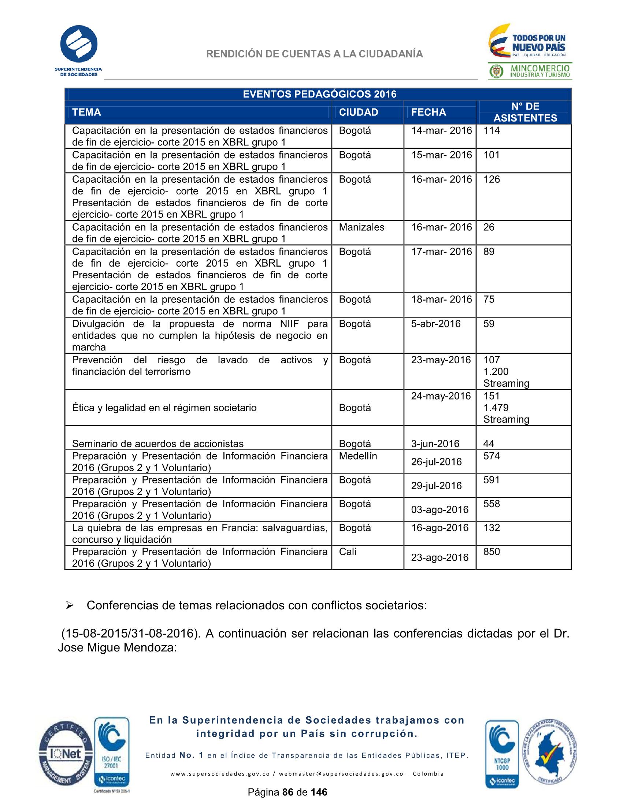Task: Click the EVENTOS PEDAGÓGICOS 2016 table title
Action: point(319,94)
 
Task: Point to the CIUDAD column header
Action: point(358,112)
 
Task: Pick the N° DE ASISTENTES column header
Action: point(525,112)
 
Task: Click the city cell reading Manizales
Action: point(361,227)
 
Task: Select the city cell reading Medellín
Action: point(357,456)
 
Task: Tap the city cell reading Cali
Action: point(348,551)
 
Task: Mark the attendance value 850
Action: point(491,551)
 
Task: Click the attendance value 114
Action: point(491,130)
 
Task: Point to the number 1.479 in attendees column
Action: point(496,408)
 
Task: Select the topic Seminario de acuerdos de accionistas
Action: point(157,443)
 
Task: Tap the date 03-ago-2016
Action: point(440,510)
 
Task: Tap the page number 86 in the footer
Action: point(288,792)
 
